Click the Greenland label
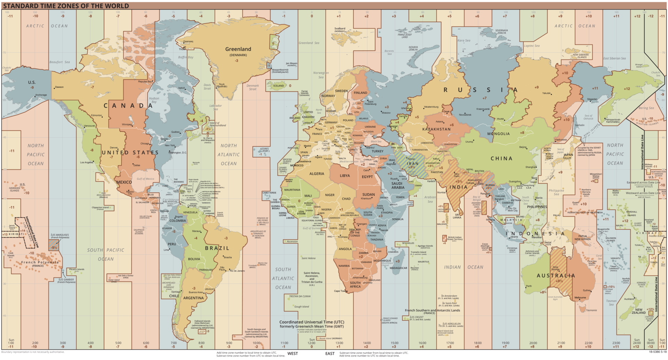(238, 49)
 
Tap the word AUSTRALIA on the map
(556, 275)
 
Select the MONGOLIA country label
(498, 134)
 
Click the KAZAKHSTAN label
(436, 129)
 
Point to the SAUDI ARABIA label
(397, 185)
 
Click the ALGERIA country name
(317, 174)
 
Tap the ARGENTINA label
(193, 298)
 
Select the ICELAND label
(278, 86)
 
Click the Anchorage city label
(41, 95)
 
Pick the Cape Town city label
(340, 291)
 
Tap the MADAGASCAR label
(398, 268)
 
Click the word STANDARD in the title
(20, 6)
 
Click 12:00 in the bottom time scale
(312, 343)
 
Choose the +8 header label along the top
(533, 16)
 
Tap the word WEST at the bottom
(292, 353)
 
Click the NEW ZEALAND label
(638, 311)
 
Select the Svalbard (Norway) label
(340, 30)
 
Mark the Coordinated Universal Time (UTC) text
(311, 322)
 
